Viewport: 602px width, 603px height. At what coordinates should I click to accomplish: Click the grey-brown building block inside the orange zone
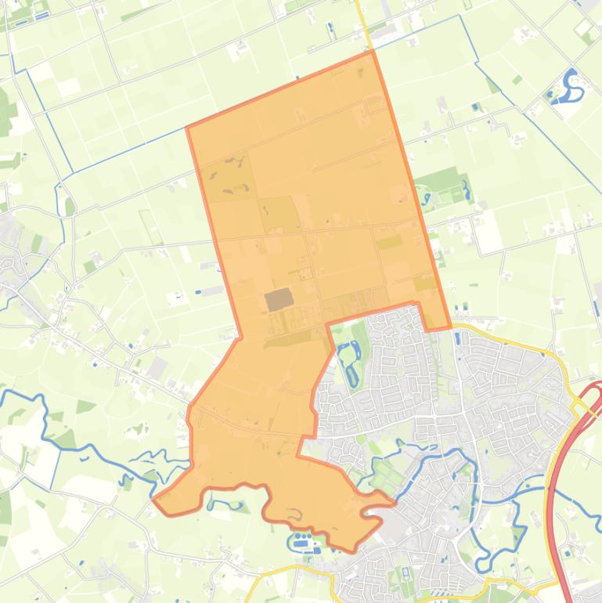pos(279,299)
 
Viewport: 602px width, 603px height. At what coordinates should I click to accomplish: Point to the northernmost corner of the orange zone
pos(370,52)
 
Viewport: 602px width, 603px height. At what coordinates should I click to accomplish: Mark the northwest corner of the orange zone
pos(187,127)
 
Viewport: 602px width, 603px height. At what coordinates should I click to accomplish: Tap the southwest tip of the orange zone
pos(154,498)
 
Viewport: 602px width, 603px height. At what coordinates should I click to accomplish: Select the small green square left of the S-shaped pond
pos(517,80)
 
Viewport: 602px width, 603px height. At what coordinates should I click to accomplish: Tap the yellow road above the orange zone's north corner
pos(362,20)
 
